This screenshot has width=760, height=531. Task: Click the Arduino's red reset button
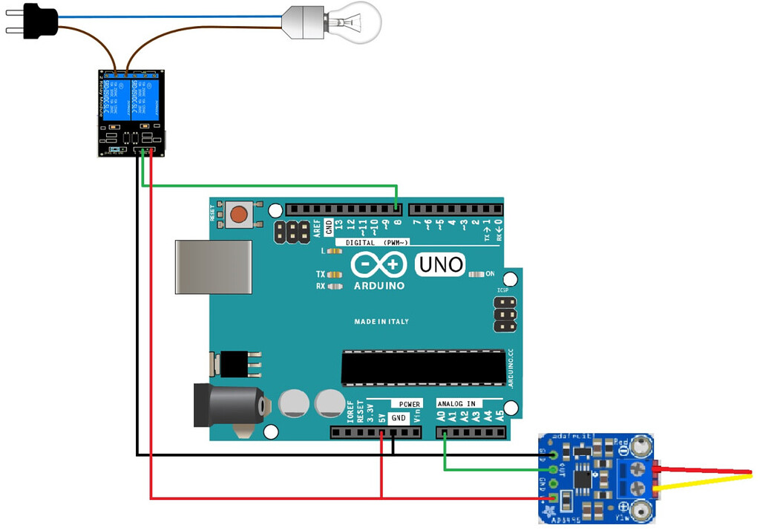coord(238,215)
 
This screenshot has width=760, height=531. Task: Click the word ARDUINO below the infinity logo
coord(379,286)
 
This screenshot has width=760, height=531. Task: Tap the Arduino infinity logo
coord(379,264)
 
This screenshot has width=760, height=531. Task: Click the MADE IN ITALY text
coord(381,322)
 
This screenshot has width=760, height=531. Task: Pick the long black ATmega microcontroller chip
coord(423,368)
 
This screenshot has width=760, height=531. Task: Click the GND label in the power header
coord(399,418)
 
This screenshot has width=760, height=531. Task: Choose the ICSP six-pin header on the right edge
coord(505,316)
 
